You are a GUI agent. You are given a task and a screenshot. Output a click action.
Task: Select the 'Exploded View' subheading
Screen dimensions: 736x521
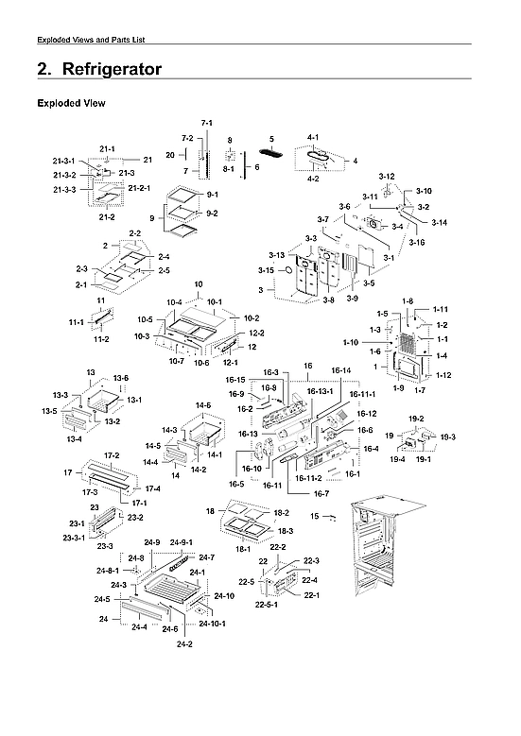click(70, 103)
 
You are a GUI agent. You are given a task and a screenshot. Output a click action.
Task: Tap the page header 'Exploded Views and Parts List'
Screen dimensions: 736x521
click(91, 39)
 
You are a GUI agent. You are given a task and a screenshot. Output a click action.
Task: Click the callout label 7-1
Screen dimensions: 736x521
click(207, 124)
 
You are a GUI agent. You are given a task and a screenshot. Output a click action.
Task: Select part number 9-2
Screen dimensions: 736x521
click(212, 214)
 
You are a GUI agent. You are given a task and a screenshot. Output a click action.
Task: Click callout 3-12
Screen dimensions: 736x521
click(387, 177)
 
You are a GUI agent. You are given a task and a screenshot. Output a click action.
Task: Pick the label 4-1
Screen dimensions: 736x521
click(313, 137)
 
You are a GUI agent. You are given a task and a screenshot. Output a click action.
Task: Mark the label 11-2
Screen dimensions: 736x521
click(100, 338)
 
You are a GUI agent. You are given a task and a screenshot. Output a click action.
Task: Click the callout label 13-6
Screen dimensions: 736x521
click(121, 378)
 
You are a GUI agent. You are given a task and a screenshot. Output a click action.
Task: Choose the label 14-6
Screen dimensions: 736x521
click(203, 405)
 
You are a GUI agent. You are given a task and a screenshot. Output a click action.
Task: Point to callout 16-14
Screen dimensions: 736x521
click(341, 370)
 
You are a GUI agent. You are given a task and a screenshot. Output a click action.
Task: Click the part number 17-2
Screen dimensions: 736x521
click(113, 455)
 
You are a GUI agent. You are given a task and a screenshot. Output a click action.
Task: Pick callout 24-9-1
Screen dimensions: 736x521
click(182, 542)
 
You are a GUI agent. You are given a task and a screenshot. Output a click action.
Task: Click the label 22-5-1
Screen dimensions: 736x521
click(270, 604)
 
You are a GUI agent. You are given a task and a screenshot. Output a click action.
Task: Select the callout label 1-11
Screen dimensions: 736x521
click(441, 310)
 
